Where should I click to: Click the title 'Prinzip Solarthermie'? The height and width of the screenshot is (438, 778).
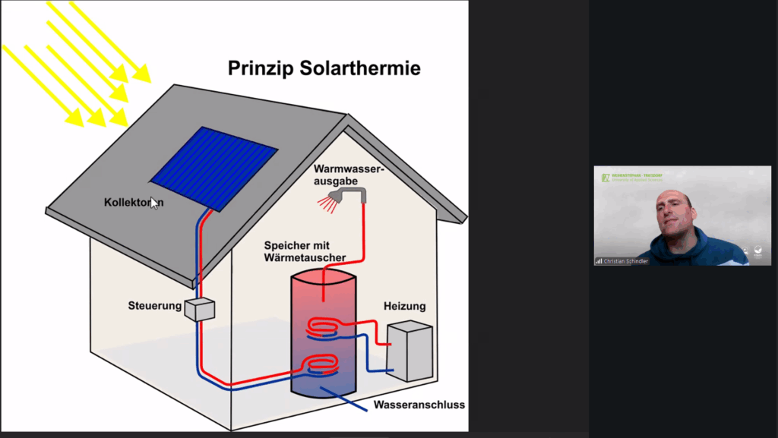[324, 69]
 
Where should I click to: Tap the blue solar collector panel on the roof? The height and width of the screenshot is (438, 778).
[214, 166]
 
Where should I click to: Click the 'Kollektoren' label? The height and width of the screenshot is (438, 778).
[133, 203]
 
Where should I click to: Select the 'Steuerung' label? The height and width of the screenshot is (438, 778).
[155, 306]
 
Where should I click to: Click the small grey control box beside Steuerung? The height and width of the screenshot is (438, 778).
[200, 309]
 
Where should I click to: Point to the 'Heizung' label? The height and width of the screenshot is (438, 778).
[404, 306]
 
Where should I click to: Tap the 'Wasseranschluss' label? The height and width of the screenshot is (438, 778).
[419, 405]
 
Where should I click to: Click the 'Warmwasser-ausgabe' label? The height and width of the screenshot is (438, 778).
[349, 175]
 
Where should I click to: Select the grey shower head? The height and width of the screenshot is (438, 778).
[353, 194]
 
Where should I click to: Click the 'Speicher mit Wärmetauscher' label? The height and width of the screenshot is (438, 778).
[305, 251]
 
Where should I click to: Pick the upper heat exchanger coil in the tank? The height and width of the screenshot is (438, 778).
[324, 328]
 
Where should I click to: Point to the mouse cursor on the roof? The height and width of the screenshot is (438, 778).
[153, 203]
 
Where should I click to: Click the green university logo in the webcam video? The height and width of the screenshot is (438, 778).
[606, 178]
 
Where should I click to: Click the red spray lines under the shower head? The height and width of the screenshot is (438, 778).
[328, 203]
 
